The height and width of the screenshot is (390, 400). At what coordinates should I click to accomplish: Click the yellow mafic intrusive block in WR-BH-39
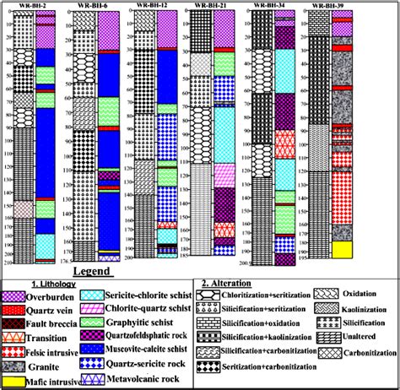click(341, 249)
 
